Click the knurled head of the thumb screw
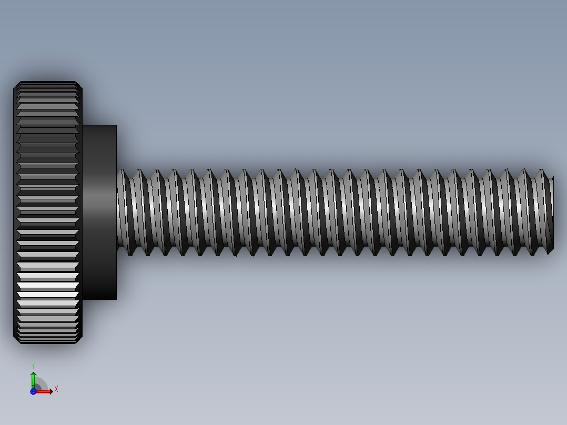tap(47, 210)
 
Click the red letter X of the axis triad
tap(56, 389)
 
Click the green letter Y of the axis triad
tap(33, 365)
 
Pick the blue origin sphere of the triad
tap(33, 391)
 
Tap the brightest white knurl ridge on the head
tap(47, 285)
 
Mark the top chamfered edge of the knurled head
tap(47, 83)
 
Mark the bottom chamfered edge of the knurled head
tap(47, 341)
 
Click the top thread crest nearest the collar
tap(122, 170)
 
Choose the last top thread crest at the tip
tap(542, 170)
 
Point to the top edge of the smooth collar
tap(99, 126)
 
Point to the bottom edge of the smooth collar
tap(99, 299)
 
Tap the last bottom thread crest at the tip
tap(548, 254)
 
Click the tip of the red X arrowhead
tap(52, 391)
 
